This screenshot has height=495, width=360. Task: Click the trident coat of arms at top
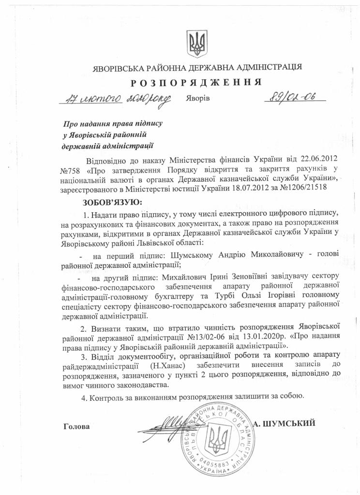pos(196,44)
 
